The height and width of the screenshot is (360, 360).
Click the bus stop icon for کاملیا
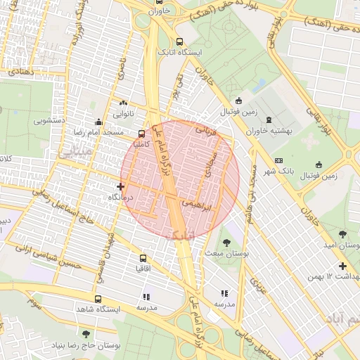click(143, 133)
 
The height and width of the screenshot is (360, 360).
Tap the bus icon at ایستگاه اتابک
click(179, 41)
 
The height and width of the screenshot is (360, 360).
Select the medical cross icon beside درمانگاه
click(121, 187)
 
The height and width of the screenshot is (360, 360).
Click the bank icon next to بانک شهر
click(278, 161)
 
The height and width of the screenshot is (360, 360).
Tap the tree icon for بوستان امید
click(342, 234)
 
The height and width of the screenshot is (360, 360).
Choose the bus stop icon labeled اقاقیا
click(143, 258)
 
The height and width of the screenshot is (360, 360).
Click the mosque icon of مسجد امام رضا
click(98, 121)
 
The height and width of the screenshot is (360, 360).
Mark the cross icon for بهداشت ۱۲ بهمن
click(342, 266)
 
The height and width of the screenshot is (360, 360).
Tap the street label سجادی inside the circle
click(208, 166)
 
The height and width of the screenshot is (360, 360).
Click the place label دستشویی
click(62, 121)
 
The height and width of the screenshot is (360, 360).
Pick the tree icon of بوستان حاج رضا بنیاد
click(86, 334)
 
